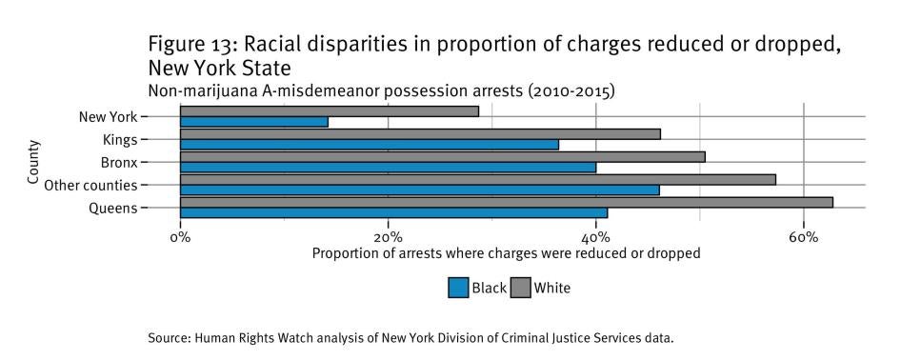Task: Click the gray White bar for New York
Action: coord(329,111)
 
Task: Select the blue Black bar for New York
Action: coord(253,122)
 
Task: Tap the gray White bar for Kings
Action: coord(420,134)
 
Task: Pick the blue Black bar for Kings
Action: coord(369,145)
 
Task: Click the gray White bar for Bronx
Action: coord(442,156)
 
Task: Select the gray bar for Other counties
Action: coord(477,179)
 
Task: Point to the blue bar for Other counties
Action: coord(419,190)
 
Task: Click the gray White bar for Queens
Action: coord(506,202)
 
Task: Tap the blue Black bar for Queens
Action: coord(393,212)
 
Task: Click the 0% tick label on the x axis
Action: coord(180,236)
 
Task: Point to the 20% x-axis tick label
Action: coord(388,236)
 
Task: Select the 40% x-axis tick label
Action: coord(595,236)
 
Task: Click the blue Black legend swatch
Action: coord(458,288)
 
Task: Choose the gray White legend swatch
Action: coord(521,288)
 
